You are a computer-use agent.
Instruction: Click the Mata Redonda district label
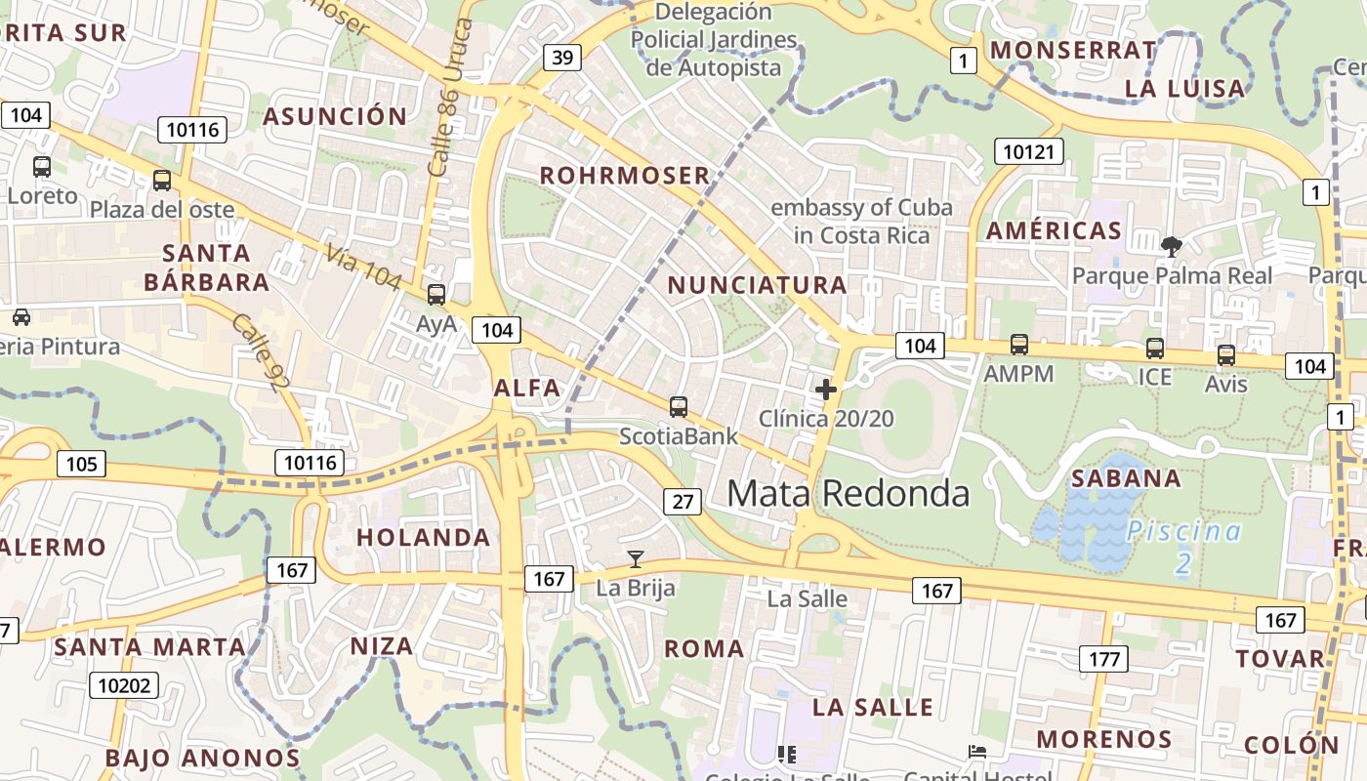tap(848, 493)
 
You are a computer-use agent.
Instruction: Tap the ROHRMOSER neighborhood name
tap(625, 176)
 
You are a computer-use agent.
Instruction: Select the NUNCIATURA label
tap(758, 285)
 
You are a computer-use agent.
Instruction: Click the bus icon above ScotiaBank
tap(679, 407)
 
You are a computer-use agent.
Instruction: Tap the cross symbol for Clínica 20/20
tap(826, 390)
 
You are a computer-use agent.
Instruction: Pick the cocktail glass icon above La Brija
tap(636, 559)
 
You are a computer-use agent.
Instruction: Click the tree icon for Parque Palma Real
tap(1171, 247)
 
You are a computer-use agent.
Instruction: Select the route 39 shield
tap(561, 58)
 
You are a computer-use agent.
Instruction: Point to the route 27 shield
tap(683, 502)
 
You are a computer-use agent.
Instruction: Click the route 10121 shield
tap(1029, 151)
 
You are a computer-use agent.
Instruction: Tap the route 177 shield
tap(1103, 659)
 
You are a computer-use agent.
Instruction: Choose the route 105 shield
tap(81, 463)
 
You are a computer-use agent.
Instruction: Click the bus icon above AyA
tap(436, 294)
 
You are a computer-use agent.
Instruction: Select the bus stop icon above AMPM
tap(1019, 345)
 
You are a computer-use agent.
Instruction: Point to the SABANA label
tap(1126, 478)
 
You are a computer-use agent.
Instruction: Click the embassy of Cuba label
tap(860, 222)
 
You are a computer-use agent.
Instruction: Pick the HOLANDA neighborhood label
tap(423, 538)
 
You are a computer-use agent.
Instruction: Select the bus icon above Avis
tap(1226, 355)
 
